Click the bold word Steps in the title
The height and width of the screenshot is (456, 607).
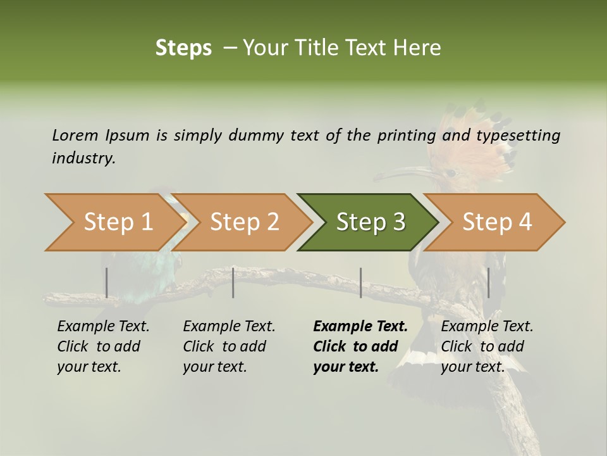pos(183,48)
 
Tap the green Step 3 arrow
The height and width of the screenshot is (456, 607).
pos(371,222)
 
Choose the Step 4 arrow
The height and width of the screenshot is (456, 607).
pos(497,222)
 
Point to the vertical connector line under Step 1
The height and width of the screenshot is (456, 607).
pos(107,282)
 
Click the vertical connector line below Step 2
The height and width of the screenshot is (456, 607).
pos(233,282)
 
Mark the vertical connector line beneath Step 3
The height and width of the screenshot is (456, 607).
pos(360,282)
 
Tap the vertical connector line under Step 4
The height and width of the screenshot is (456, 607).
pos(488,282)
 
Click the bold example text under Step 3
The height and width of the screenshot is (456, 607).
pos(360,346)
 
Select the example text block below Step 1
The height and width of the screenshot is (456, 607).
pos(102,346)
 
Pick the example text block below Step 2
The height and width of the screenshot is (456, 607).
pos(228,346)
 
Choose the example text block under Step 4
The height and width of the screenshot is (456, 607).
pos(486,346)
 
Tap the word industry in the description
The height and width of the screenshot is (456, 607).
pos(83,158)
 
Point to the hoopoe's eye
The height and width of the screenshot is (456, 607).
pos(451,172)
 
